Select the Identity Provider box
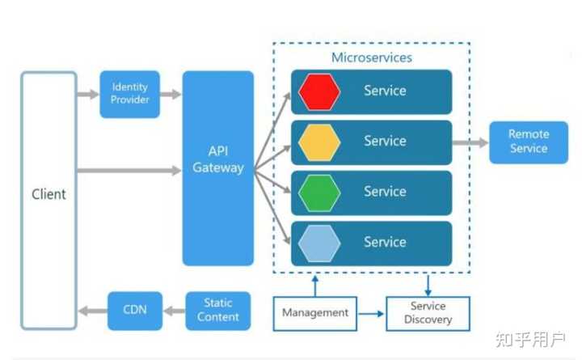[x=129, y=94]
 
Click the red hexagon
[x=319, y=91]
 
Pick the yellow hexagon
[x=319, y=142]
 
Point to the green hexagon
[x=319, y=192]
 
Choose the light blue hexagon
[x=319, y=242]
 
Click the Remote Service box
[x=529, y=142]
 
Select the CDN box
[x=135, y=310]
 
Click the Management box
[x=315, y=312]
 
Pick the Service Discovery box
[x=428, y=313]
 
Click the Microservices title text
[x=372, y=57]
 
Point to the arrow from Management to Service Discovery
[x=371, y=313]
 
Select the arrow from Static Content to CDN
[x=173, y=310]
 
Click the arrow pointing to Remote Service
[x=470, y=142]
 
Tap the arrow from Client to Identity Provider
[x=87, y=95]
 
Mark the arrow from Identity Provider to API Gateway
[x=171, y=95]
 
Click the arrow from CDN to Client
[x=92, y=310]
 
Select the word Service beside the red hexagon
[x=385, y=91]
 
